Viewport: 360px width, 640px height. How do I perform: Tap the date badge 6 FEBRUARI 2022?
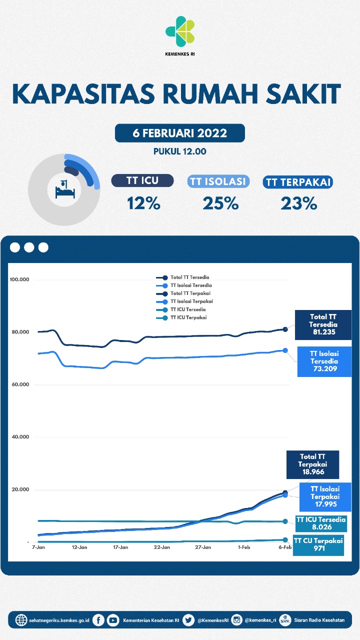pyautogui.click(x=179, y=133)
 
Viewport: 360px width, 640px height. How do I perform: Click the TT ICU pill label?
pyautogui.click(x=142, y=181)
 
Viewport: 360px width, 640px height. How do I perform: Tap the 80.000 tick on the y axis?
pyautogui.click(x=20, y=332)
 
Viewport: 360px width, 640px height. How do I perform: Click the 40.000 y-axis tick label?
pyautogui.click(x=20, y=437)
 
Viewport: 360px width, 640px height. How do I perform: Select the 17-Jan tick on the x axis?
pyautogui.click(x=120, y=547)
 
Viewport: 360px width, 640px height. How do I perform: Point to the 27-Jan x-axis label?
pyautogui.click(x=203, y=547)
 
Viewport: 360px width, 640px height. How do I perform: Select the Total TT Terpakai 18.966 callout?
pyautogui.click(x=312, y=464)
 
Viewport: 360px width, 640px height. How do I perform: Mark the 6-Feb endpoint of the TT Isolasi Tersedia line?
pyautogui.click(x=285, y=350)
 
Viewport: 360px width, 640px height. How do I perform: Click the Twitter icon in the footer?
pyautogui.click(x=188, y=620)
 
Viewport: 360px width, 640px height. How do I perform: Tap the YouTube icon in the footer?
pyautogui.click(x=113, y=620)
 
